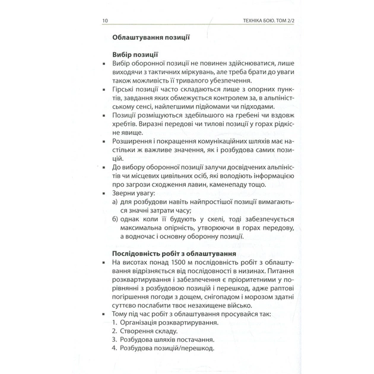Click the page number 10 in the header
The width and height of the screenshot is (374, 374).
coord(105,21)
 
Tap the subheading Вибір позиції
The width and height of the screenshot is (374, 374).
coord(135,54)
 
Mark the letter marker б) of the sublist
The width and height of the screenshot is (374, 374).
coord(115,219)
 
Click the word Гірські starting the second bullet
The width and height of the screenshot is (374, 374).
coord(123,88)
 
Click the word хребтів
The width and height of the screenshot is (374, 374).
coord(123,125)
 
